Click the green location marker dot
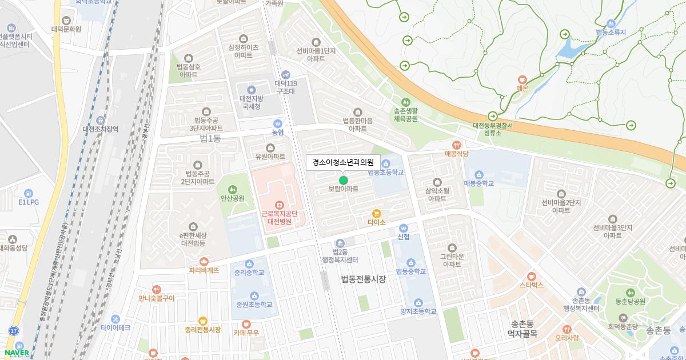(344, 180)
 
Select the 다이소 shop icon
(377, 213)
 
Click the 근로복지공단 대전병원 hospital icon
(279, 204)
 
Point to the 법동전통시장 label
(363, 279)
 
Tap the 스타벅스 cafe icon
(532, 275)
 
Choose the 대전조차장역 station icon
(101, 120)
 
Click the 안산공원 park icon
(233, 189)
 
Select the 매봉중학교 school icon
(478, 174)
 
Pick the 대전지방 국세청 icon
(251, 90)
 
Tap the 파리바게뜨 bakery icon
(204, 261)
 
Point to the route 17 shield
(13, 331)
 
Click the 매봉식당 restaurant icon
(456, 145)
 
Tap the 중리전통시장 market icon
(202, 321)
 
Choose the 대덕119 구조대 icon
(286, 75)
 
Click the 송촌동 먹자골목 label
(522, 329)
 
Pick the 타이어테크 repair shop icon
(115, 318)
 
